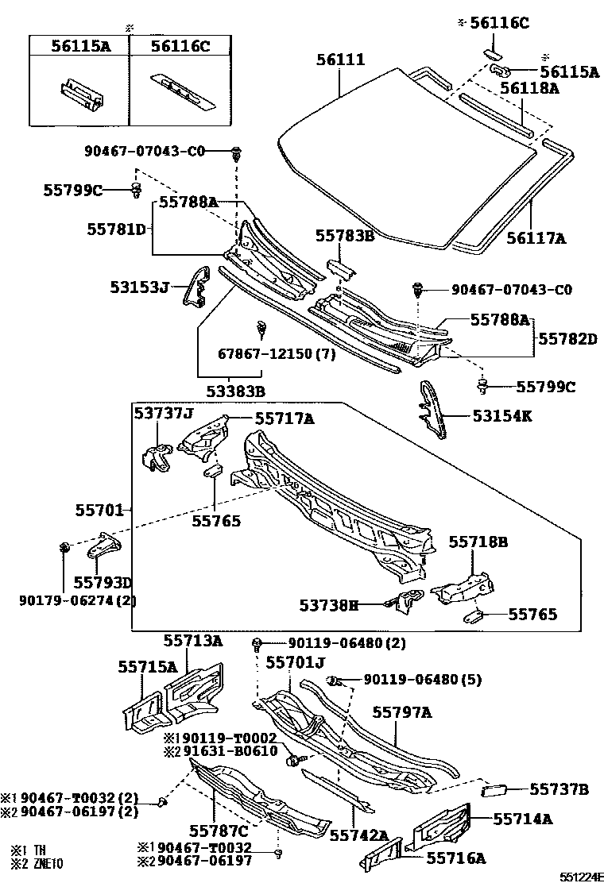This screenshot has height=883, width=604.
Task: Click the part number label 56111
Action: (x=340, y=60)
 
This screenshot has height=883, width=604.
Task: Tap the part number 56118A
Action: (x=529, y=89)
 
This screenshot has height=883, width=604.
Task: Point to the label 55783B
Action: (x=345, y=236)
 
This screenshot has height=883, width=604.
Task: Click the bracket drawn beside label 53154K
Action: (x=431, y=407)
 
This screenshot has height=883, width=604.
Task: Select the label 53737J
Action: (x=163, y=413)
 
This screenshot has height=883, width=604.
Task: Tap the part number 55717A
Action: (x=284, y=417)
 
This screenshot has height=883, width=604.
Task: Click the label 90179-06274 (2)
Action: (x=78, y=600)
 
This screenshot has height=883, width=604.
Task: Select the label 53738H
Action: (x=329, y=606)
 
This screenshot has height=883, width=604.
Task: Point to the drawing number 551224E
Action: (x=579, y=877)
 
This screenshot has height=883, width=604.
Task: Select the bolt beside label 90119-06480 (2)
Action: (x=257, y=642)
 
